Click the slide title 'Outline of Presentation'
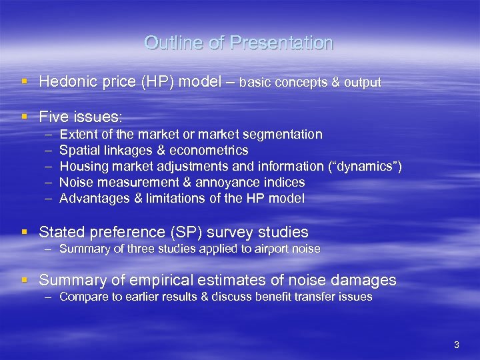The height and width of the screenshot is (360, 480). [239, 43]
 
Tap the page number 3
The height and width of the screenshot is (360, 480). [456, 345]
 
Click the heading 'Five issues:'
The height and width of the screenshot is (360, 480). [81, 117]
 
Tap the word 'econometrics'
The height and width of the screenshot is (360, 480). [212, 151]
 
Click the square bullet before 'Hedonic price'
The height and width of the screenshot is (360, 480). [25, 82]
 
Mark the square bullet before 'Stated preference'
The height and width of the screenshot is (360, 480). [25, 232]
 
